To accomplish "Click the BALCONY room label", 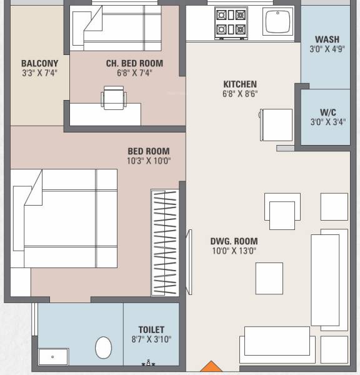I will click(x=39, y=63).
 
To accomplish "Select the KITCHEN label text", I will click(x=240, y=84).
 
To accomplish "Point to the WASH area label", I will click(x=327, y=39).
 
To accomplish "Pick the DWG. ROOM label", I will click(x=234, y=241).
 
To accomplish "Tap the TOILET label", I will click(x=151, y=330).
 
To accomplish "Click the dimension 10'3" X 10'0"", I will click(x=149, y=161).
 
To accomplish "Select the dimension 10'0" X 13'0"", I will click(x=234, y=251).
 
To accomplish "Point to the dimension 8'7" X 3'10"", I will click(x=151, y=339).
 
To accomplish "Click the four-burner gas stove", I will click(x=231, y=22).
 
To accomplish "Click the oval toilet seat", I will click(x=103, y=347).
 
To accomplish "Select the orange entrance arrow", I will click(x=212, y=367).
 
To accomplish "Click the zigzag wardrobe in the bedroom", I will click(x=164, y=242).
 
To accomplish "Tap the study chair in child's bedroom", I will click(x=113, y=97).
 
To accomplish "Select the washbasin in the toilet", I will click(x=52, y=357).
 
